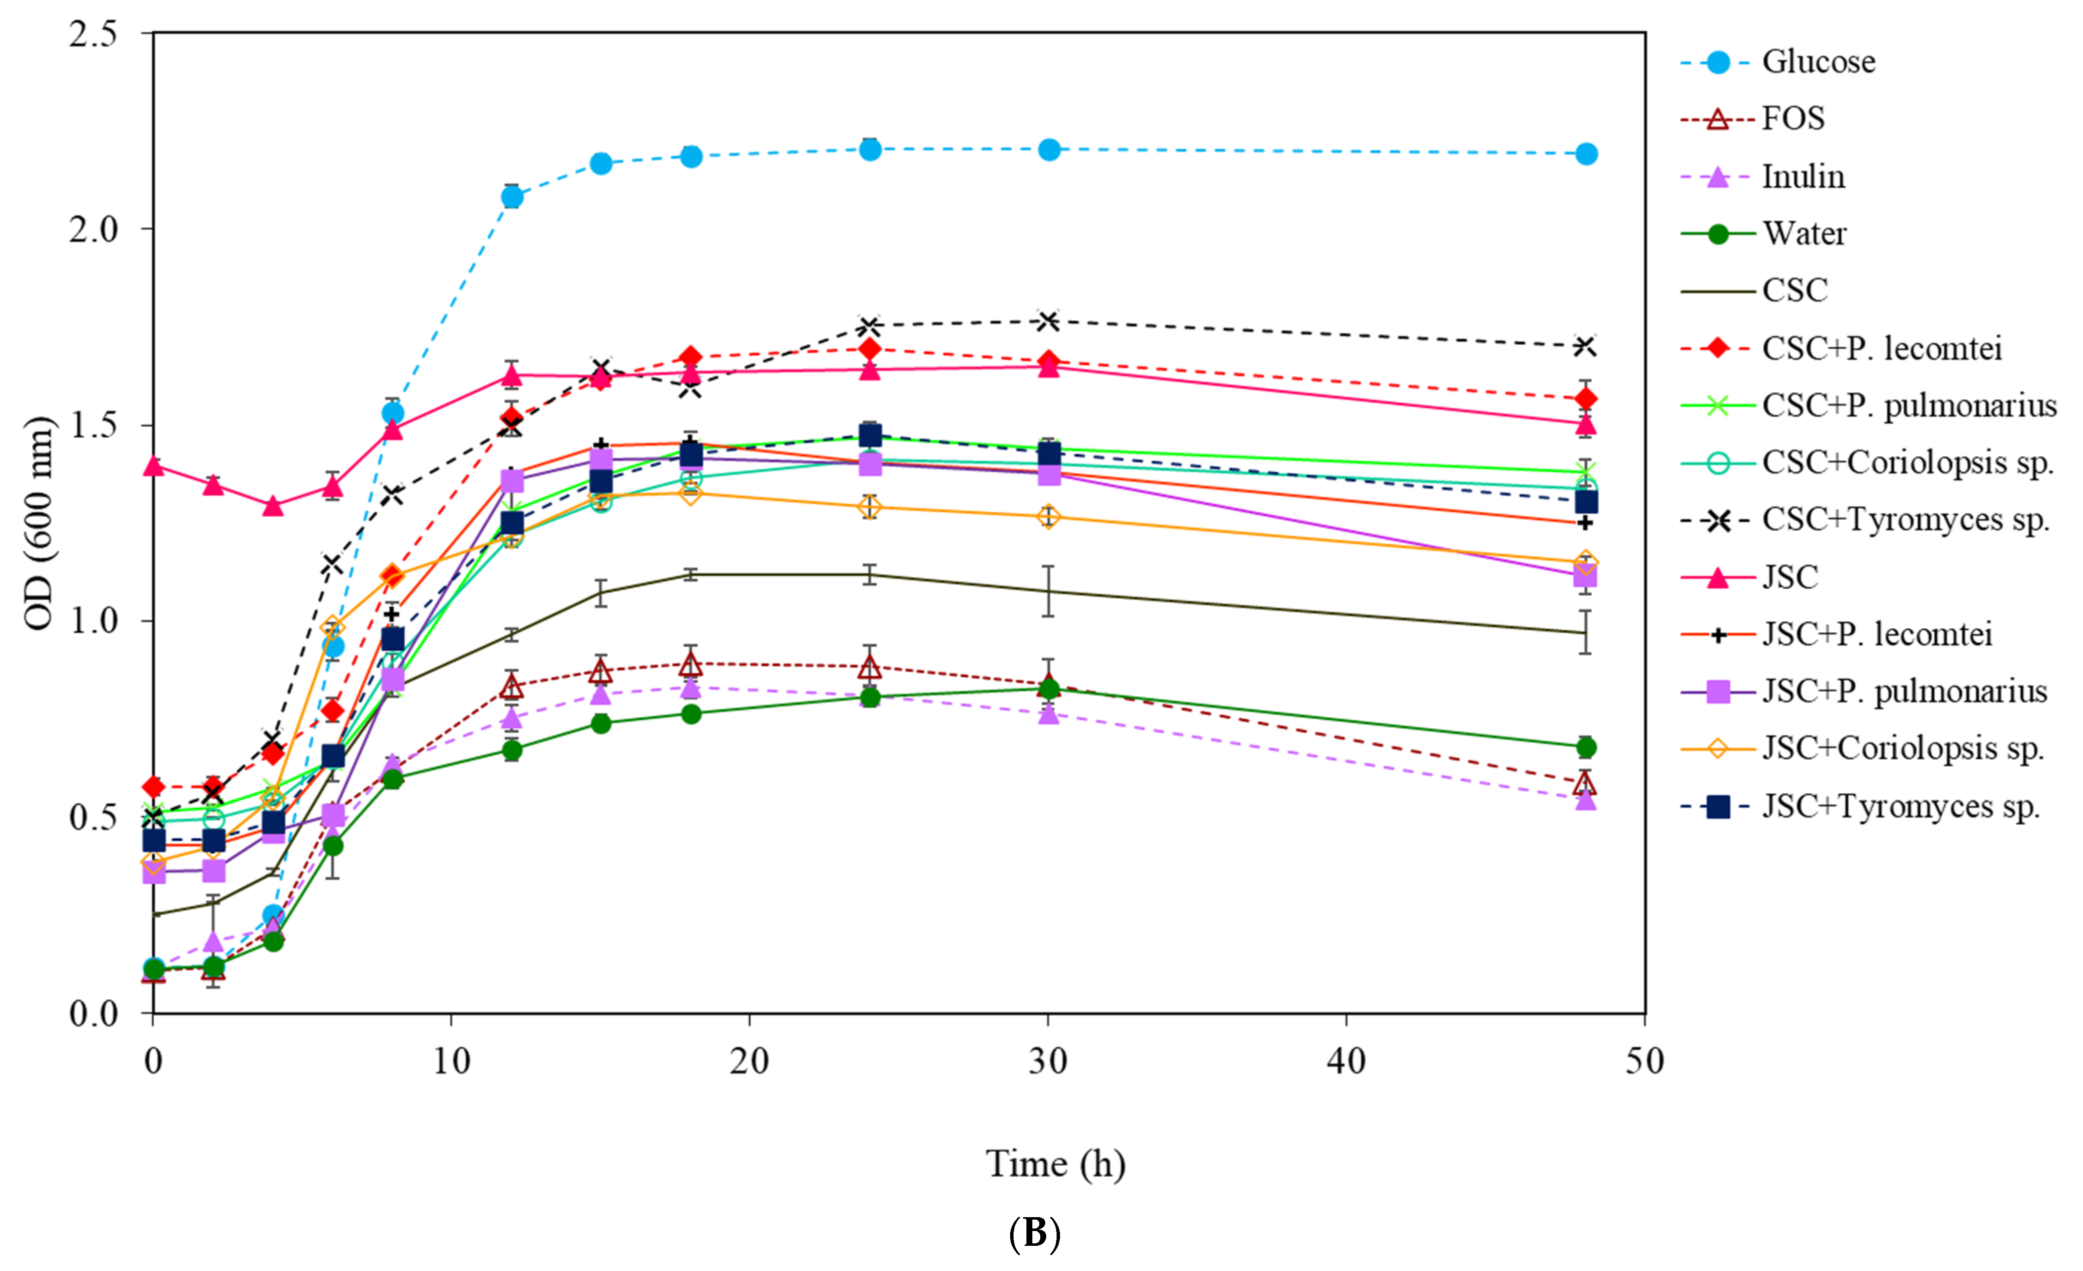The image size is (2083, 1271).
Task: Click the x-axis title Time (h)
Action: point(1055,1164)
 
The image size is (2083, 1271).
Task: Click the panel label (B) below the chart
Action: point(1035,1234)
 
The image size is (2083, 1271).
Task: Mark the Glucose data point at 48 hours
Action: point(1586,154)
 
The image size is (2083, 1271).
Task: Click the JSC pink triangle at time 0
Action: point(153,466)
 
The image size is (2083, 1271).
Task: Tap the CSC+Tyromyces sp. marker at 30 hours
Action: point(1048,321)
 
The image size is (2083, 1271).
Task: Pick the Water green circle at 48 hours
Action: point(1586,747)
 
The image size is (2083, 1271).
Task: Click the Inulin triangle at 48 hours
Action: point(1586,799)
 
